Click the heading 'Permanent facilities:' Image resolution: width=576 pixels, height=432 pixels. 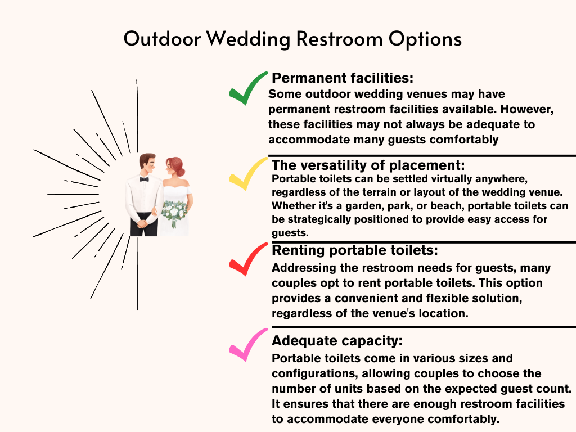343,78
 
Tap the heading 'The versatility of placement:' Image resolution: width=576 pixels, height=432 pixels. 368,165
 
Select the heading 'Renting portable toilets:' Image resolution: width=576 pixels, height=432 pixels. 355,250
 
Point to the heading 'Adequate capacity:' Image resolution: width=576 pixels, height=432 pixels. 337,341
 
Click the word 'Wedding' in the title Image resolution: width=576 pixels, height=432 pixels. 248,39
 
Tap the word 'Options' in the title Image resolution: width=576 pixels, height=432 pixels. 425,39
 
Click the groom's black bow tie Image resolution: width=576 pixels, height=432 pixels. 144,179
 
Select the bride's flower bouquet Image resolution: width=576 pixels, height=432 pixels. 174,212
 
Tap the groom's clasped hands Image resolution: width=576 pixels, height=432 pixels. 143,223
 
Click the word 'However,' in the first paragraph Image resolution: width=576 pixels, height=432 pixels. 526,109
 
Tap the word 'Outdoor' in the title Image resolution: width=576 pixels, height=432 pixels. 162,39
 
